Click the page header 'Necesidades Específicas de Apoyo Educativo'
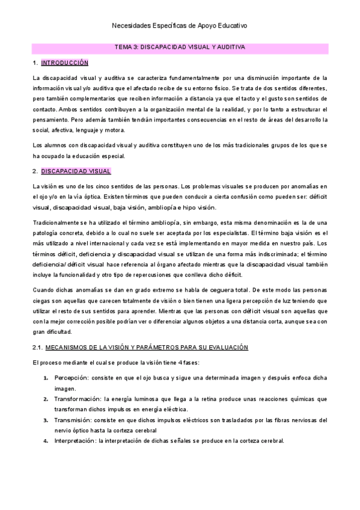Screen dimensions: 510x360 point(180,26)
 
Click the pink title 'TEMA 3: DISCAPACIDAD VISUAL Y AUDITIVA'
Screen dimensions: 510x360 point(180,46)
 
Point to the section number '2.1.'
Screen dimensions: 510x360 point(37,348)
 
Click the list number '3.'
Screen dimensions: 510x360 point(46,420)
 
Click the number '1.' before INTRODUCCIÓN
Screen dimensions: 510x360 point(35,63)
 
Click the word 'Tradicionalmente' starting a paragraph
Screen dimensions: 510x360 point(56,223)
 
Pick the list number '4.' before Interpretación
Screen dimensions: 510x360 point(46,441)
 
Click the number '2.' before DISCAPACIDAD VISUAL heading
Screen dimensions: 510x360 point(35,171)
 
